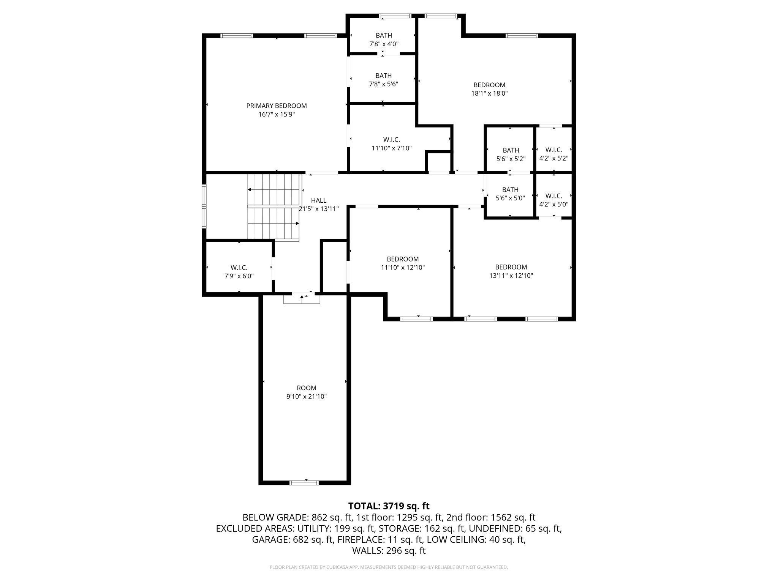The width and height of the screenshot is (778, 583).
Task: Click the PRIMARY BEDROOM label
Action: (276, 106)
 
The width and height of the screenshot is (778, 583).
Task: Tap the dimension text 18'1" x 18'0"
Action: (489, 93)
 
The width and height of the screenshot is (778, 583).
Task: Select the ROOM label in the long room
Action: (306, 388)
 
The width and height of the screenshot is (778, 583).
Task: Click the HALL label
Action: (318, 200)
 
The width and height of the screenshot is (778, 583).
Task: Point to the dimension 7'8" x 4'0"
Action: (384, 44)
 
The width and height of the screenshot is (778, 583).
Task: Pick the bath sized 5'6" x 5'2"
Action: (511, 154)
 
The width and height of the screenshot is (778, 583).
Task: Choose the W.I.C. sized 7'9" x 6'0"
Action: (239, 272)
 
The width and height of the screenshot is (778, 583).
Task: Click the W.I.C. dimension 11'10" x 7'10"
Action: (391, 148)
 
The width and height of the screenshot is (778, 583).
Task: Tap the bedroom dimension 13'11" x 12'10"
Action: (511, 276)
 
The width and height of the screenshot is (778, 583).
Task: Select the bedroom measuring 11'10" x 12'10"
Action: (403, 263)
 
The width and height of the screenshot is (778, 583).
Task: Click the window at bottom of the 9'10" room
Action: (304, 482)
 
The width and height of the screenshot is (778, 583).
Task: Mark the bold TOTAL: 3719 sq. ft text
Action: (389, 506)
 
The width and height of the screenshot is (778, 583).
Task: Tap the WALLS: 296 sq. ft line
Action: (389, 551)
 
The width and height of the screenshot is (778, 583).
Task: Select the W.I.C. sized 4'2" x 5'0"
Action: (553, 200)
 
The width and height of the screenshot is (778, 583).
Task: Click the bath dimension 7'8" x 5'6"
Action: (383, 84)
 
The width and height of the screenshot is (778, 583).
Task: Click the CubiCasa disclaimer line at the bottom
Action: (389, 567)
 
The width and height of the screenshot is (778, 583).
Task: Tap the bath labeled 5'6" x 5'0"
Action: (510, 194)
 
